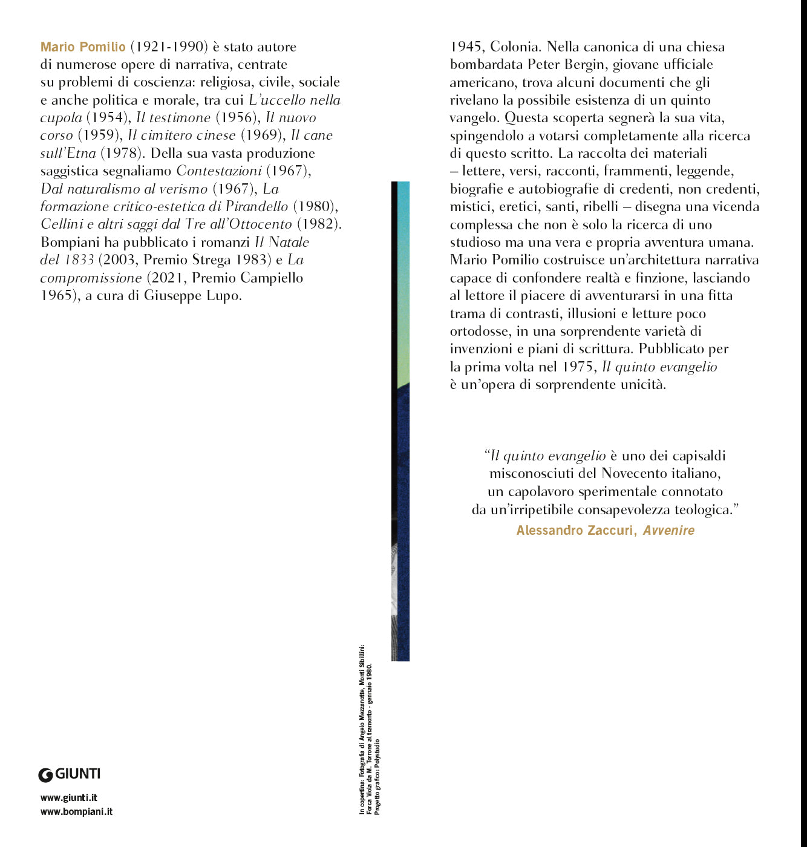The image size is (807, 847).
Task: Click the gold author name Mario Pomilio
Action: (83, 47)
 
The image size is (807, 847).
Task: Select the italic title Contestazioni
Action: (219, 171)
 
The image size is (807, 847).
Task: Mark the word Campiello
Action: (272, 278)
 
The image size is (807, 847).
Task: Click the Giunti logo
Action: (70, 774)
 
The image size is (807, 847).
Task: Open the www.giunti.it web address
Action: (69, 798)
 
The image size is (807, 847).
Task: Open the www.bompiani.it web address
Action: (76, 812)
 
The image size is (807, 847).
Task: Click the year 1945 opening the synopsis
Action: (466, 47)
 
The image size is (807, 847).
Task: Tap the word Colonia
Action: (514, 47)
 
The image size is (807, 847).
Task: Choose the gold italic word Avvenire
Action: (668, 531)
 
